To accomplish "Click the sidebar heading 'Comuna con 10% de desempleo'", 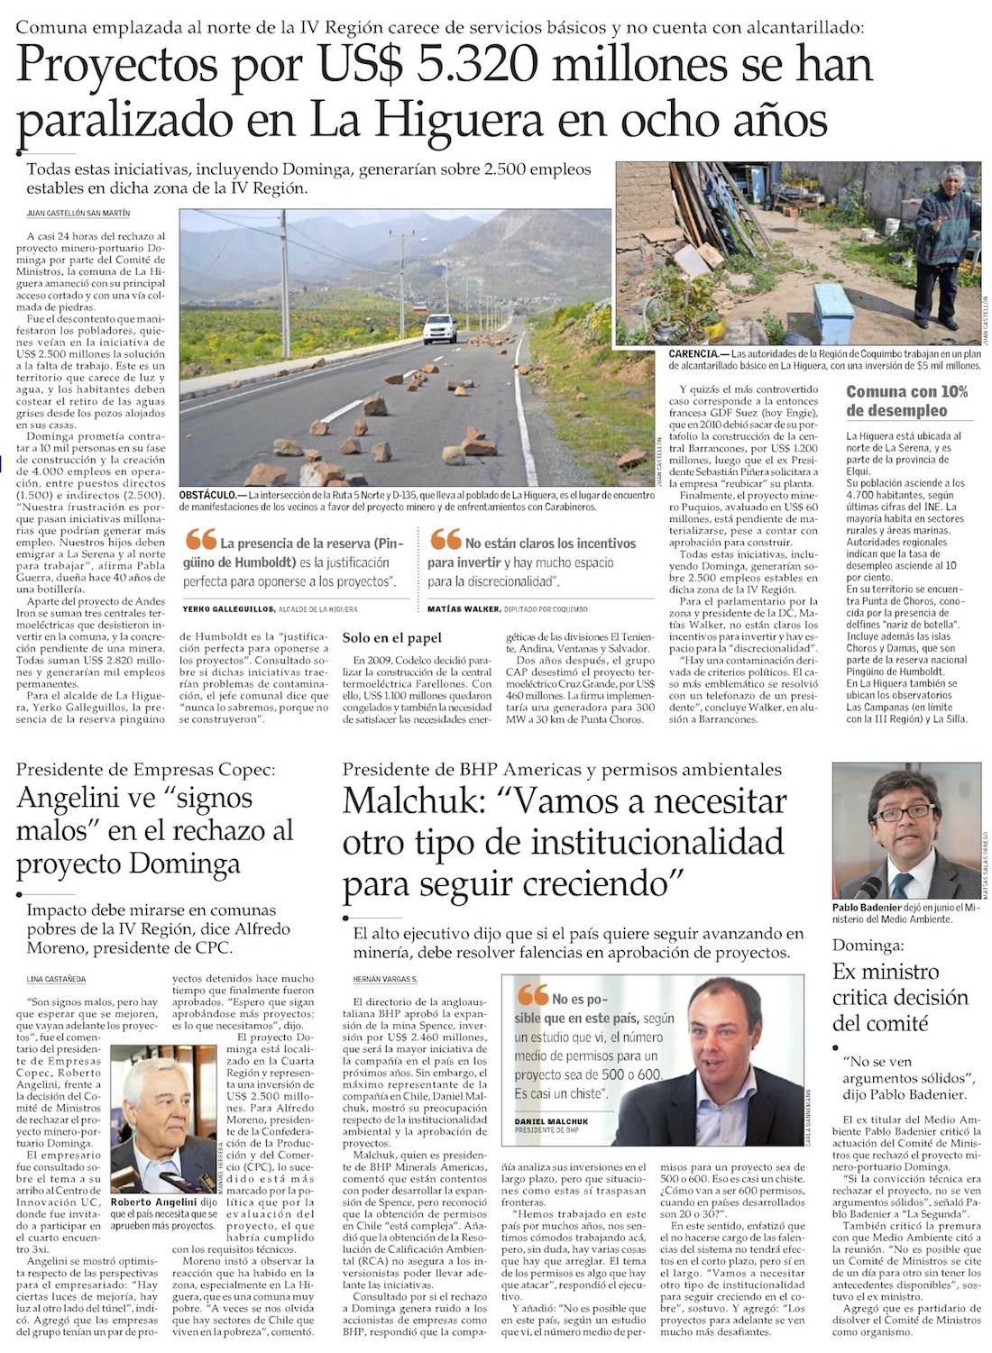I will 906,401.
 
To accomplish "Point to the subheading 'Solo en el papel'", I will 392,638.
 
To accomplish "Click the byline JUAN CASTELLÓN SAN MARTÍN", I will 78,214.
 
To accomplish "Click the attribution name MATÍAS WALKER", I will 464,609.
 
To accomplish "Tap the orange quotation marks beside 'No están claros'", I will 445,539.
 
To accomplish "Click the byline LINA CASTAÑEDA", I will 56,979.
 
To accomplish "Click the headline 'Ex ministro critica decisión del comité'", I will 899,998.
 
